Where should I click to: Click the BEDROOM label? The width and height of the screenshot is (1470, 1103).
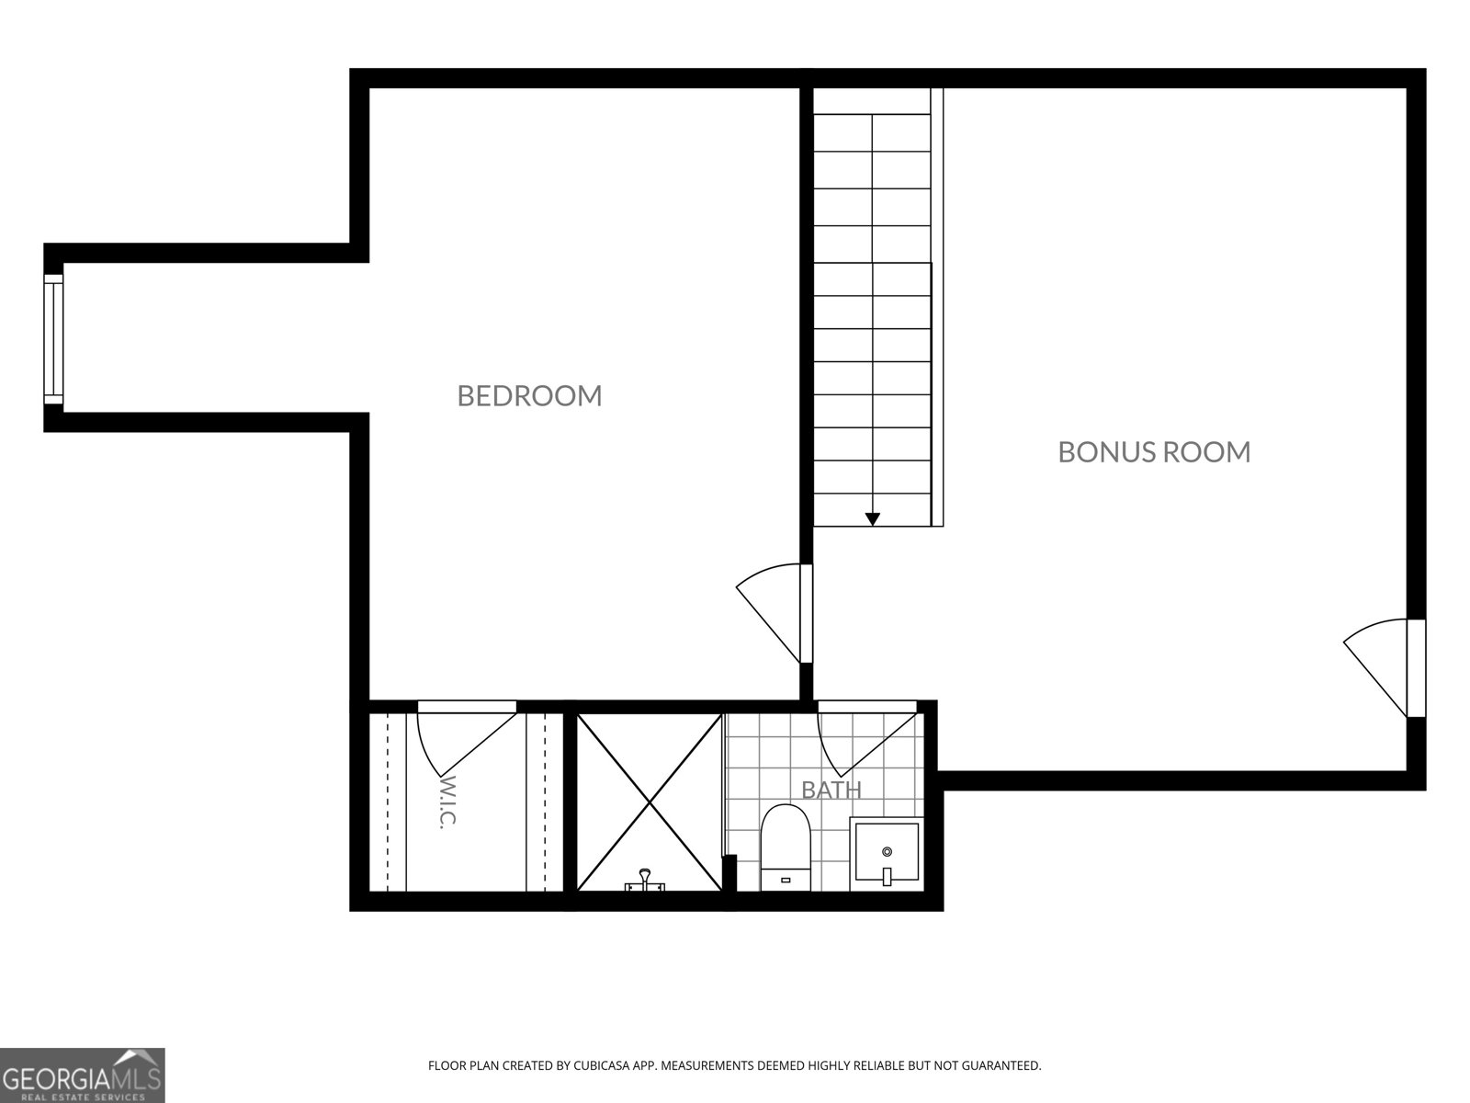point(529,396)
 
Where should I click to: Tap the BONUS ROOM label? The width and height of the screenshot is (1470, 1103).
point(1154,452)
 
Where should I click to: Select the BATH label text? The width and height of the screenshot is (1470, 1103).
point(831,790)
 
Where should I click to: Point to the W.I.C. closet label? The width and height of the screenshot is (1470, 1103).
point(447,802)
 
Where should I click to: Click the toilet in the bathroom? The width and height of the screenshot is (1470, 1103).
point(786,847)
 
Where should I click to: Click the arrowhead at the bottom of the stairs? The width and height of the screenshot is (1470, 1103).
point(872,519)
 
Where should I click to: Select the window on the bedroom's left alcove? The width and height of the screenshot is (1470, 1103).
point(53,339)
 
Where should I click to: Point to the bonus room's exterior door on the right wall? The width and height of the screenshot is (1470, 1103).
point(1385,667)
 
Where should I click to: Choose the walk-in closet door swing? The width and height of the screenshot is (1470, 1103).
point(467,736)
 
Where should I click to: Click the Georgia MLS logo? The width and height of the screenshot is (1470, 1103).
point(83,1075)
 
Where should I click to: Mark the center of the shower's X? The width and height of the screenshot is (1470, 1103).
point(650,802)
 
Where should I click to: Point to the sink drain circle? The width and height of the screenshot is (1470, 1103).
point(887,852)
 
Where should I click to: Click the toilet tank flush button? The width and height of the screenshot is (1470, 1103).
point(786,880)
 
